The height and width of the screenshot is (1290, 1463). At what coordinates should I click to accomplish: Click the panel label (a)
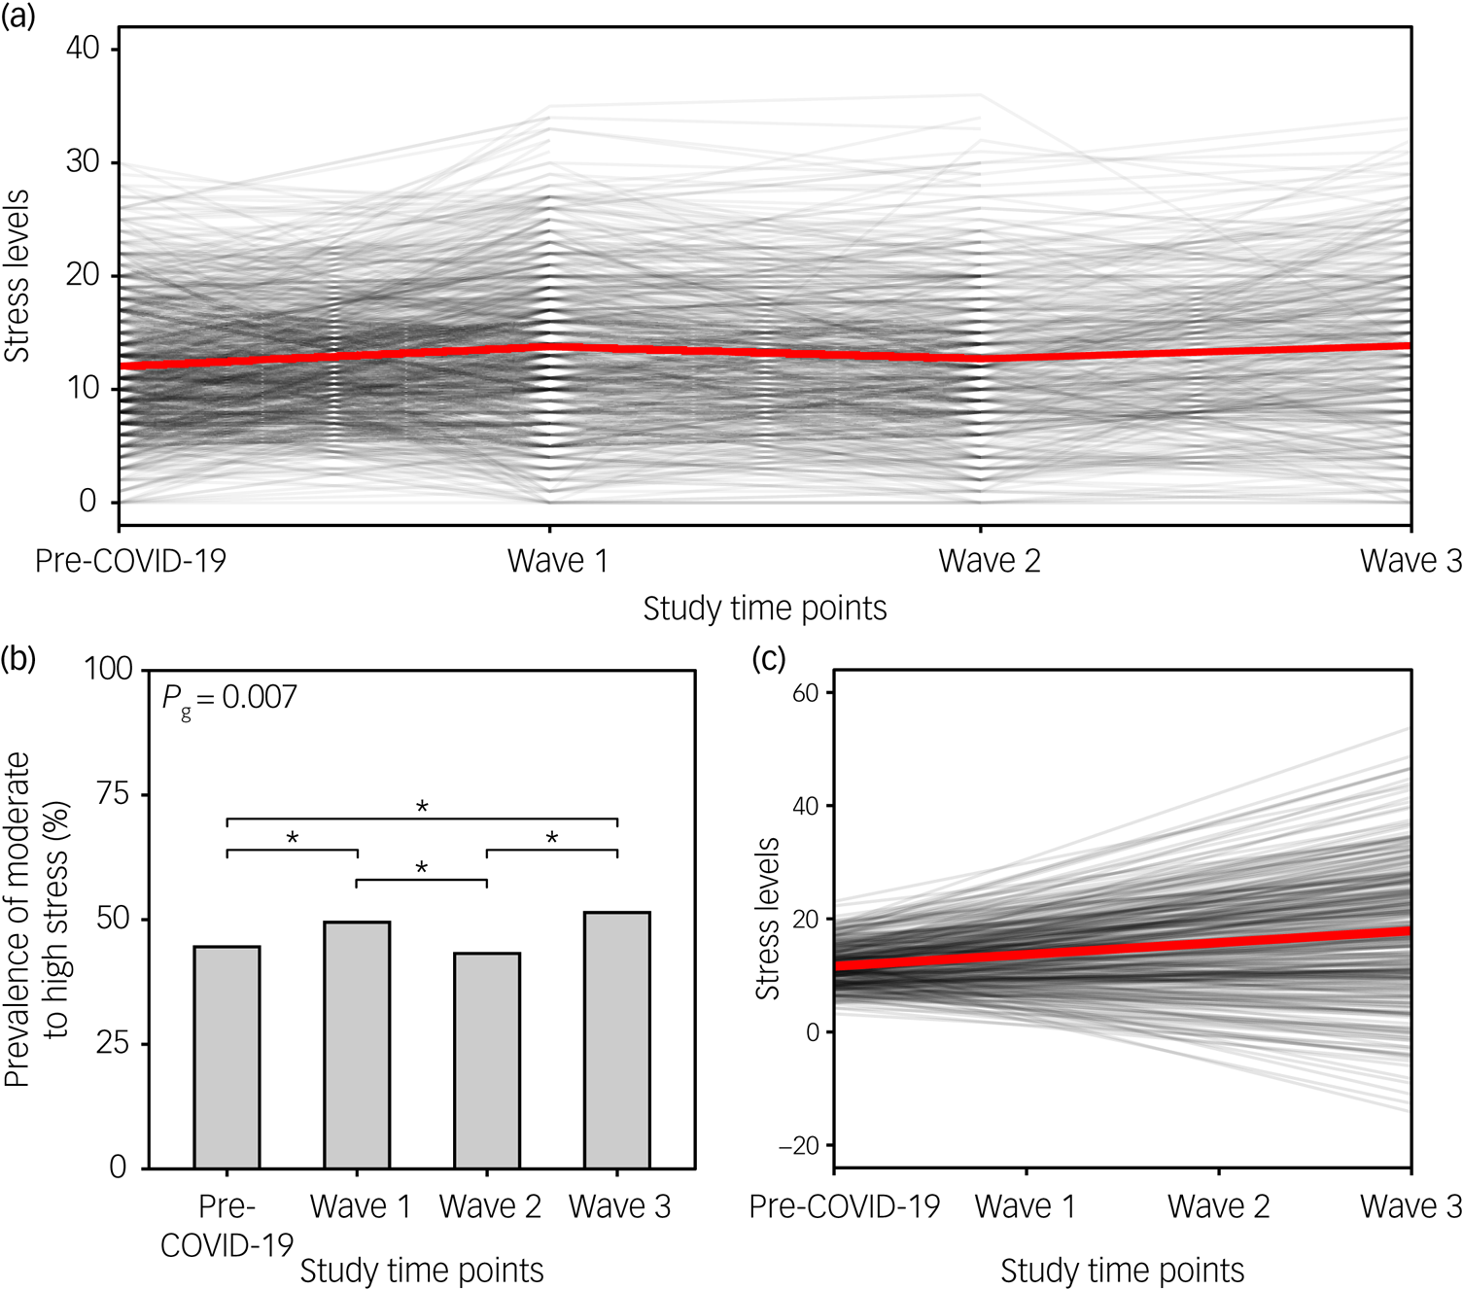coord(17,16)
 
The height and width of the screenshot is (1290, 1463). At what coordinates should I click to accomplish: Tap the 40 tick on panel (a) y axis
coord(83,48)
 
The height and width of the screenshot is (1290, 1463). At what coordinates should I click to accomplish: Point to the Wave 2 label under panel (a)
coord(989,561)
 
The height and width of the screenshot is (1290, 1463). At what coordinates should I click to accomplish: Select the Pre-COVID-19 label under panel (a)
coord(130,561)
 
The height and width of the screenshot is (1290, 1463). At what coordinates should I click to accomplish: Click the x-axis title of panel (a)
coord(764,609)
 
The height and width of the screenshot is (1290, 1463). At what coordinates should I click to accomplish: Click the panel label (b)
coord(17,659)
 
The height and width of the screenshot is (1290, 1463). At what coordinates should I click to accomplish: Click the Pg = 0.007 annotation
coord(229,698)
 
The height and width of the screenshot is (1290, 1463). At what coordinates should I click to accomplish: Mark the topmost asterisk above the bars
coord(422,807)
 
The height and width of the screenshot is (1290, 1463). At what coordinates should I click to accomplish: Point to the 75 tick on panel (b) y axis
coord(113,794)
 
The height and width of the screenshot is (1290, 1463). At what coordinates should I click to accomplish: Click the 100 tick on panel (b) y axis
coord(108,669)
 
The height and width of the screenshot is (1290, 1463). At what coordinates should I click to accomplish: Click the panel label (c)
coord(769,659)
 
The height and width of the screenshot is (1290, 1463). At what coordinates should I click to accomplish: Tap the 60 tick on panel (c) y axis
coord(805,693)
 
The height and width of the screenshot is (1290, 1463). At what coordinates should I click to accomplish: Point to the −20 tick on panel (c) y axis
coord(799,1146)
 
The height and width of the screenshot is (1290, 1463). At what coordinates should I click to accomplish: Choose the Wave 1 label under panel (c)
coord(1026,1206)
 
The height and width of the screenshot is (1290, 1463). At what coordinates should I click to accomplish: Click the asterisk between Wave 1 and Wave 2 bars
coord(422,867)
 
